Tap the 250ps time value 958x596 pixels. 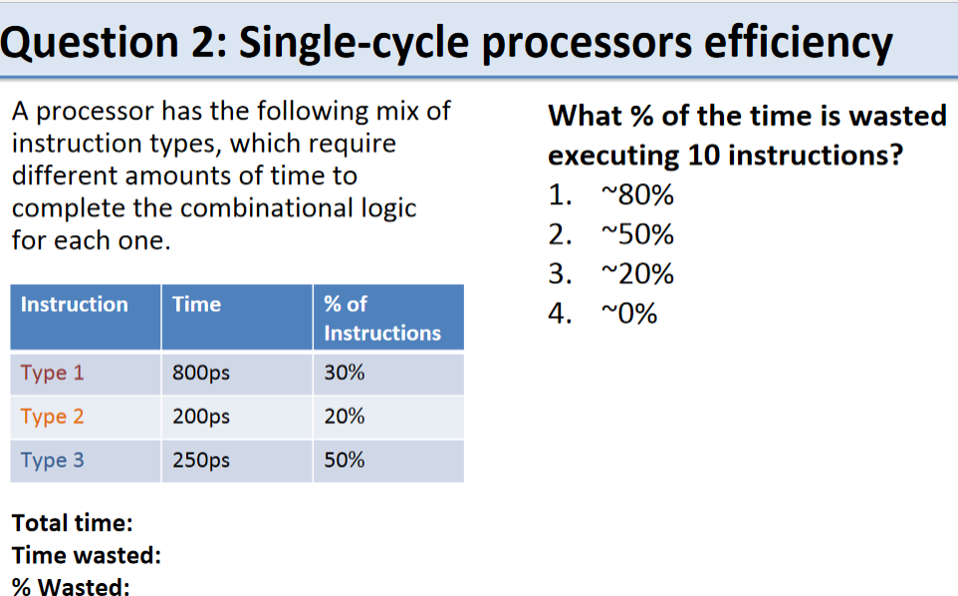pyautogui.click(x=201, y=460)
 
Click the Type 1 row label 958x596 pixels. pyautogui.click(x=52, y=373)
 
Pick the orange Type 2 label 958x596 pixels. pyautogui.click(x=52, y=417)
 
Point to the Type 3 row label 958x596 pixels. pyautogui.click(x=52, y=460)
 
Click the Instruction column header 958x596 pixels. pyautogui.click(x=75, y=304)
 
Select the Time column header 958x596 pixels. pyautogui.click(x=196, y=304)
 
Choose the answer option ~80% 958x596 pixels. pyautogui.click(x=637, y=195)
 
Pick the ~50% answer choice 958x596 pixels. pyautogui.click(x=637, y=235)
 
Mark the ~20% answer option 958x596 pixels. pyautogui.click(x=637, y=274)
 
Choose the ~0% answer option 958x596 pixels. pyautogui.click(x=629, y=314)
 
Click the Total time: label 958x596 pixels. pyautogui.click(x=72, y=523)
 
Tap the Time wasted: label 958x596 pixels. pyautogui.click(x=87, y=556)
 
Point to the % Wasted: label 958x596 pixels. pyautogui.click(x=71, y=587)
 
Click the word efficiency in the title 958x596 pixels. pyautogui.click(x=798, y=44)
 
